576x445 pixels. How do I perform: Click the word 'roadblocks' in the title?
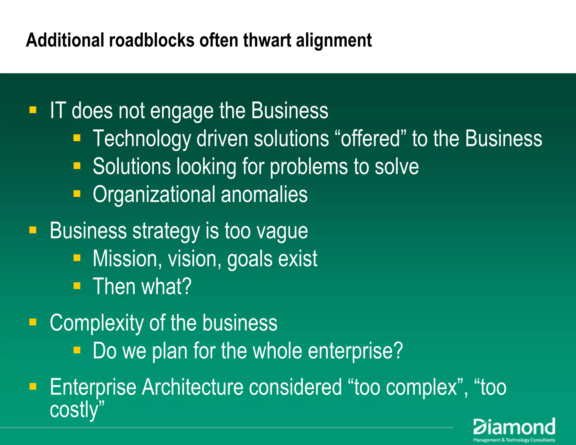pyautogui.click(x=152, y=40)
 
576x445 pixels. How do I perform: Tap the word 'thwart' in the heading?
pyautogui.click(x=267, y=40)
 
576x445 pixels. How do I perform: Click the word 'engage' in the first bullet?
pyautogui.click(x=182, y=111)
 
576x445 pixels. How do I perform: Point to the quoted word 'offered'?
pyautogui.click(x=370, y=139)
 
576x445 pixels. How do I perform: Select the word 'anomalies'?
pyautogui.click(x=264, y=194)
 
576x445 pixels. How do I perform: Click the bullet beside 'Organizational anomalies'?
pyautogui.click(x=77, y=194)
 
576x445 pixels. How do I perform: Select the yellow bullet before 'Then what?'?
pyautogui.click(x=77, y=286)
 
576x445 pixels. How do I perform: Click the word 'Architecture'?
pyautogui.click(x=192, y=387)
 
